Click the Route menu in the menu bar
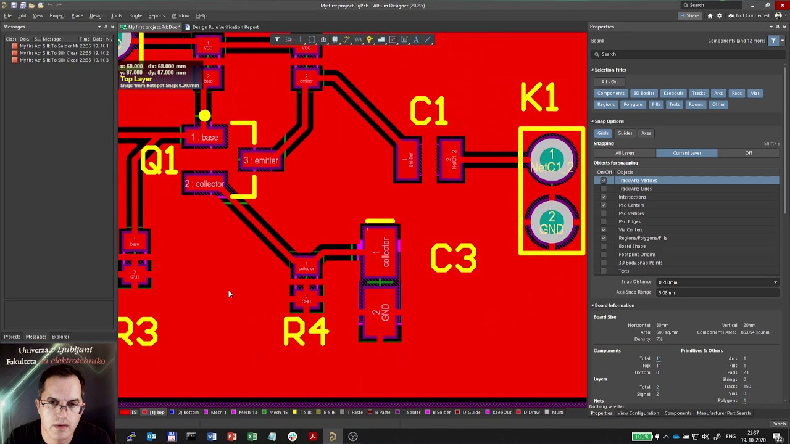135,15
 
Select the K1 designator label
539,98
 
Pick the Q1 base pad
205,137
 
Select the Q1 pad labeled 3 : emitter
261,161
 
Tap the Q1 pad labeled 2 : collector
204,184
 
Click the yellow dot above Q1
204,115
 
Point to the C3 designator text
454,258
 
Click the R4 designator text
306,332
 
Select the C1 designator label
428,112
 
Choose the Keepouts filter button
673,93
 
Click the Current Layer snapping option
686,153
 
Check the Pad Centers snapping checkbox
604,205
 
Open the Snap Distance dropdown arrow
775,282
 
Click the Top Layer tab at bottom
157,413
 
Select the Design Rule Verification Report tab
225,27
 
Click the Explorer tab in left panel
60,337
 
